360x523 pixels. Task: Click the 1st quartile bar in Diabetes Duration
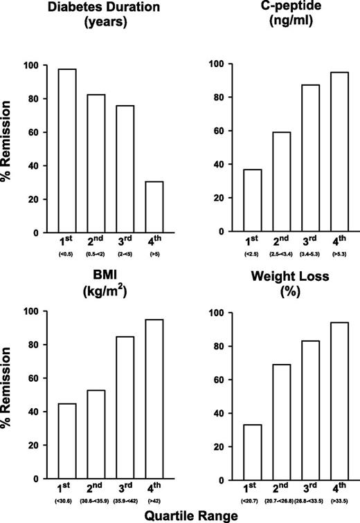(67, 151)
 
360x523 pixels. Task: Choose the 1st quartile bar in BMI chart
(67, 441)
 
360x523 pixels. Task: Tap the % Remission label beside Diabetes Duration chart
(10, 149)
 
